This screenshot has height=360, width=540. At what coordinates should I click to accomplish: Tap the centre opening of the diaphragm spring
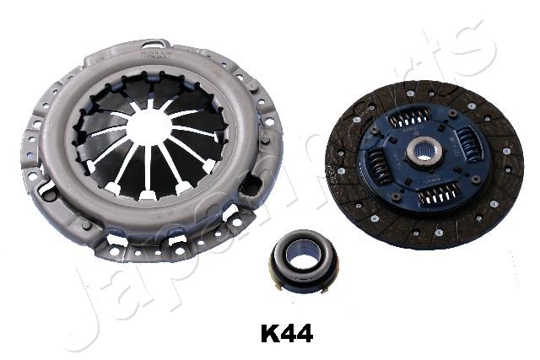149,126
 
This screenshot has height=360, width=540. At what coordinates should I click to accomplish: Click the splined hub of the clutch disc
423,153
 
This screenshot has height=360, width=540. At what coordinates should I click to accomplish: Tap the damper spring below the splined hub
438,194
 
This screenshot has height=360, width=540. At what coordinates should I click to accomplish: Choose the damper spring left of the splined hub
380,168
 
